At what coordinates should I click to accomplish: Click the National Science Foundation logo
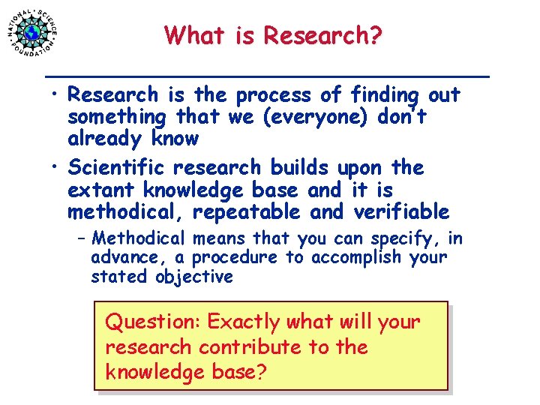pyautogui.click(x=32, y=32)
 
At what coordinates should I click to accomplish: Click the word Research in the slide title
pyautogui.click(x=323, y=34)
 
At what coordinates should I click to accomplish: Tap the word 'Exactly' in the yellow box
pyautogui.click(x=243, y=322)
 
